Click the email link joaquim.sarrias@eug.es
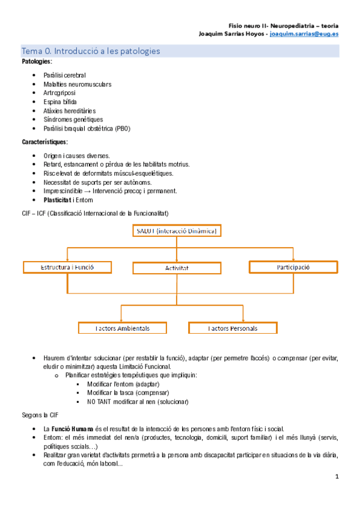[x=304, y=34]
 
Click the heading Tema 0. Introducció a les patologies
[x=91, y=51]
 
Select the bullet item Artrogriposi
[x=63, y=93]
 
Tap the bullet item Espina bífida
[x=60, y=102]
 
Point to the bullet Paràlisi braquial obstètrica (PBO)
[x=87, y=129]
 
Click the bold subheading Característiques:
[x=44, y=142]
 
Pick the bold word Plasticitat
[x=61, y=200]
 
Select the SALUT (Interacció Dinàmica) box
[x=176, y=231]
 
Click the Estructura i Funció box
[x=67, y=267]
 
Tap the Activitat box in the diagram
[x=176, y=268]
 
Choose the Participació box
[x=293, y=267]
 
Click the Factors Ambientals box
[x=122, y=328]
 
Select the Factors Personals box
[x=233, y=328]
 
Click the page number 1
[x=337, y=477]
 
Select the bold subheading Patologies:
[x=37, y=62]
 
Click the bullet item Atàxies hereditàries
[x=70, y=111]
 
